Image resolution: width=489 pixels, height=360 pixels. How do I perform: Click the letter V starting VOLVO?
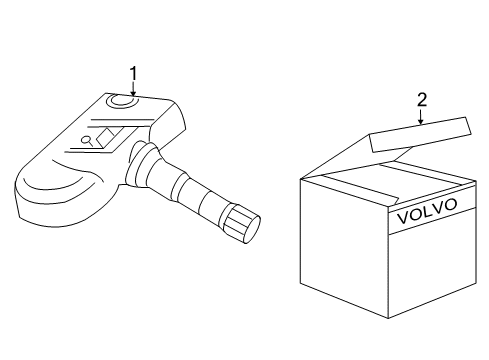402,218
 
